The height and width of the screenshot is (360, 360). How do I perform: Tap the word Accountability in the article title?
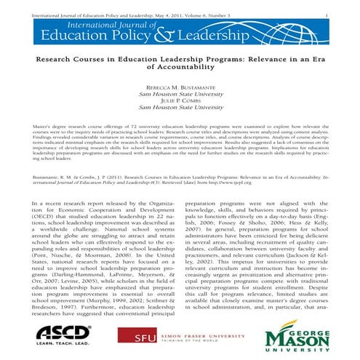180,65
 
